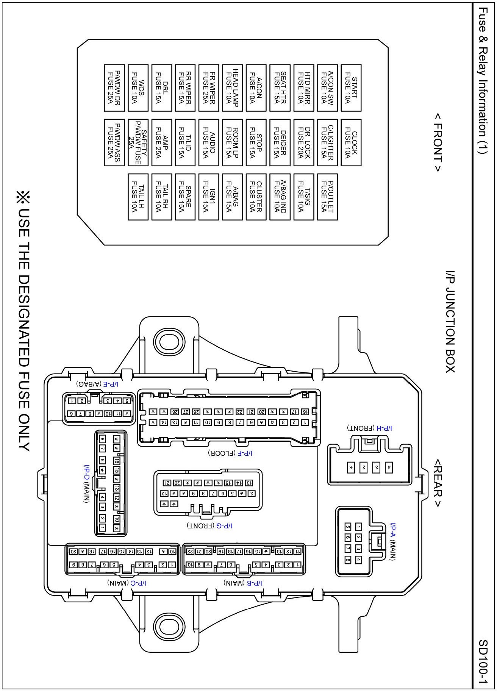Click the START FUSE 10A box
point(351,88)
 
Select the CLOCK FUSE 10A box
point(351,142)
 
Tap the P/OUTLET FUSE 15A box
point(327,197)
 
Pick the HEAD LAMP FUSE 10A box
point(232,88)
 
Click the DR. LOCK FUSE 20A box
point(304,142)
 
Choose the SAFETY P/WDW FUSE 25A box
point(138,142)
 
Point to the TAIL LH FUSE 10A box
point(138,197)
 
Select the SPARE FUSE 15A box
point(185,197)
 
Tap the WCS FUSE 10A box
point(138,88)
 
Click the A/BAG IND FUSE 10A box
point(280,197)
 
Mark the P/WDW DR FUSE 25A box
point(114,88)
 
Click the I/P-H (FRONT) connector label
point(369,428)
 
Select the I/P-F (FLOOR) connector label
point(230,453)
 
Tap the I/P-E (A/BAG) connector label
point(97,384)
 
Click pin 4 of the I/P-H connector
point(389,467)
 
